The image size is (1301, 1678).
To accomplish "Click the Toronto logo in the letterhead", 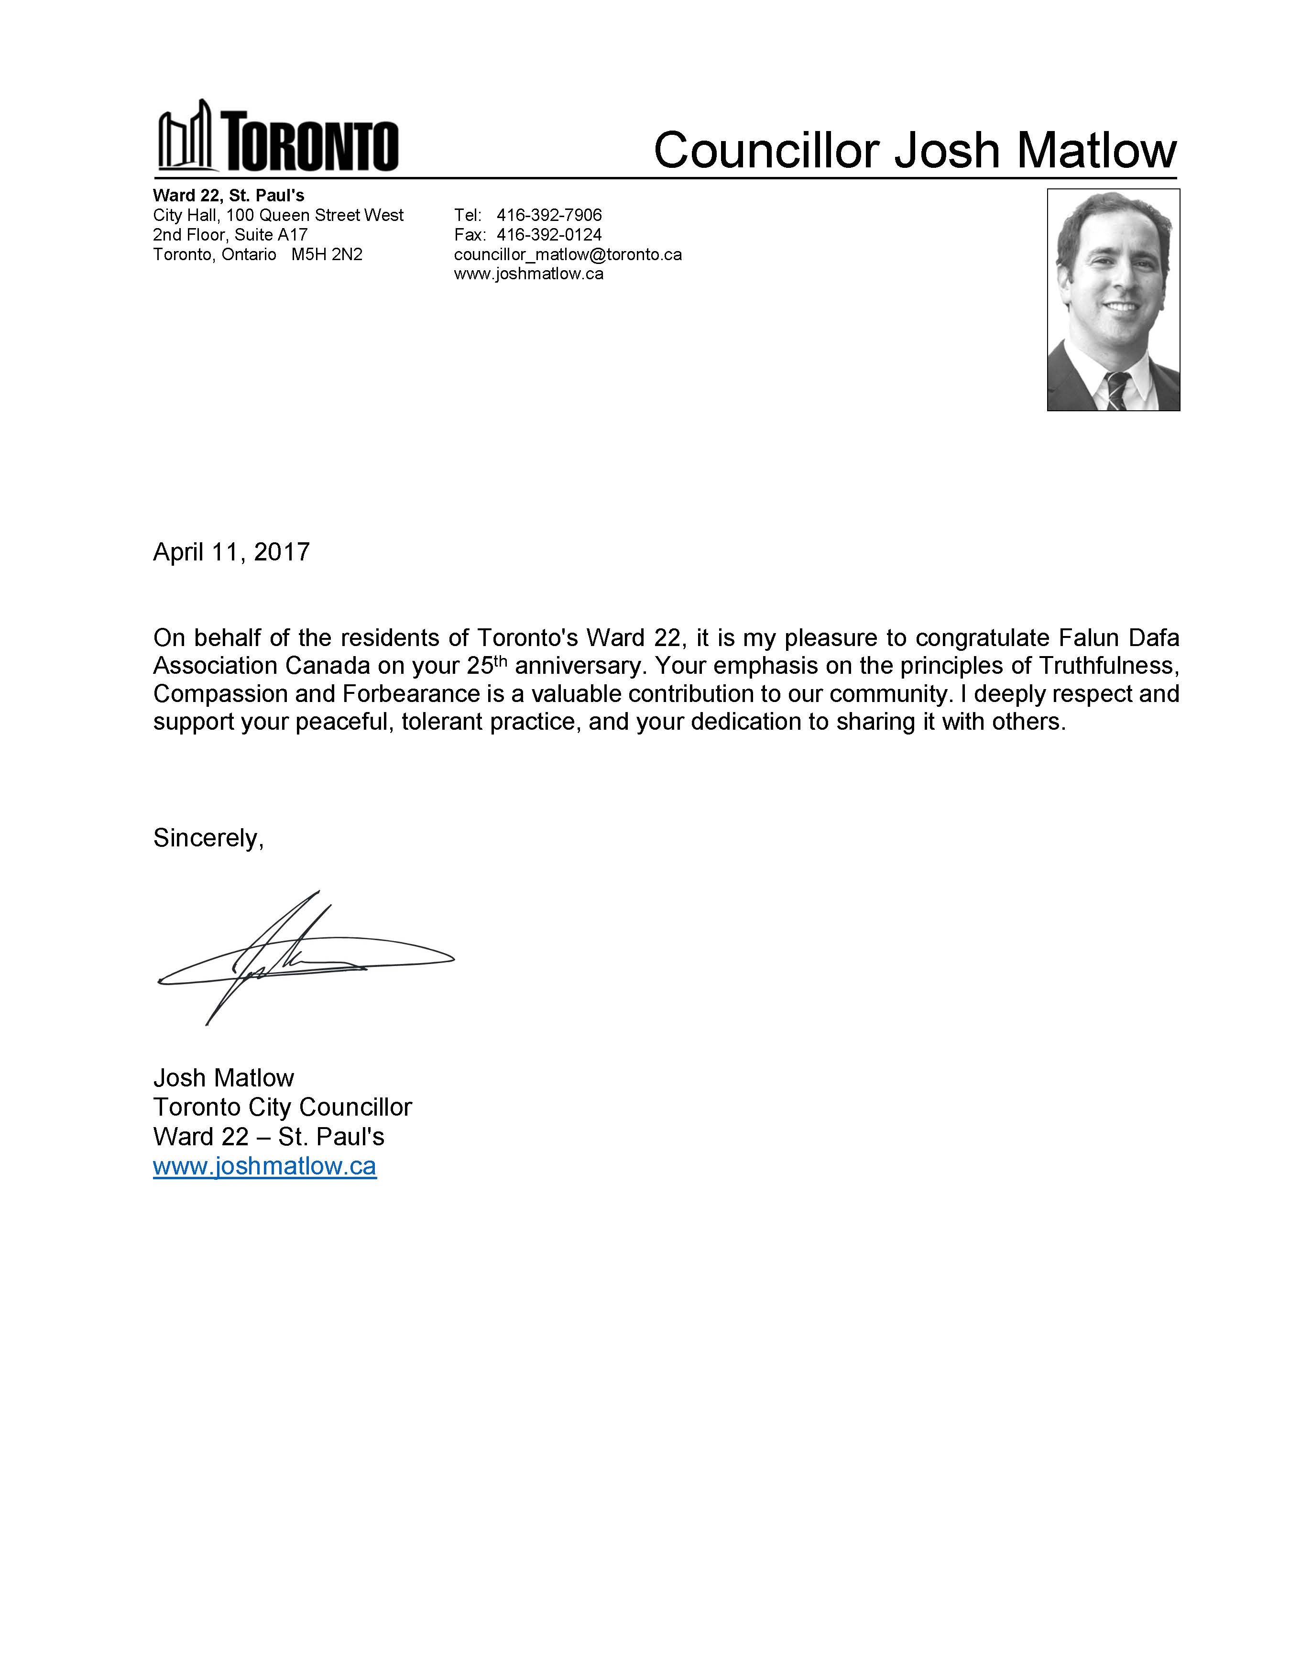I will [x=277, y=137].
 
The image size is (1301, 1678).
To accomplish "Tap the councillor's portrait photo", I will [x=1113, y=300].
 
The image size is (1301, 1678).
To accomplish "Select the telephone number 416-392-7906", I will [x=548, y=215].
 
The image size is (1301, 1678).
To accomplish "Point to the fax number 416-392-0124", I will [x=548, y=234].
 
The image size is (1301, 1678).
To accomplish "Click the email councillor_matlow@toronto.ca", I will [x=568, y=254].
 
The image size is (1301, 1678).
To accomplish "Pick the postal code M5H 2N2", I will [x=327, y=254].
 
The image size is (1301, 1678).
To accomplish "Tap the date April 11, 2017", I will [x=231, y=552].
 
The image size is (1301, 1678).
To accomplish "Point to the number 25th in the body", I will [x=487, y=665].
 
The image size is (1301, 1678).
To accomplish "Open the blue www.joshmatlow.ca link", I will [x=264, y=1166].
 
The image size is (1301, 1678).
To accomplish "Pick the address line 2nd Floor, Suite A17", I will [x=230, y=234].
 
